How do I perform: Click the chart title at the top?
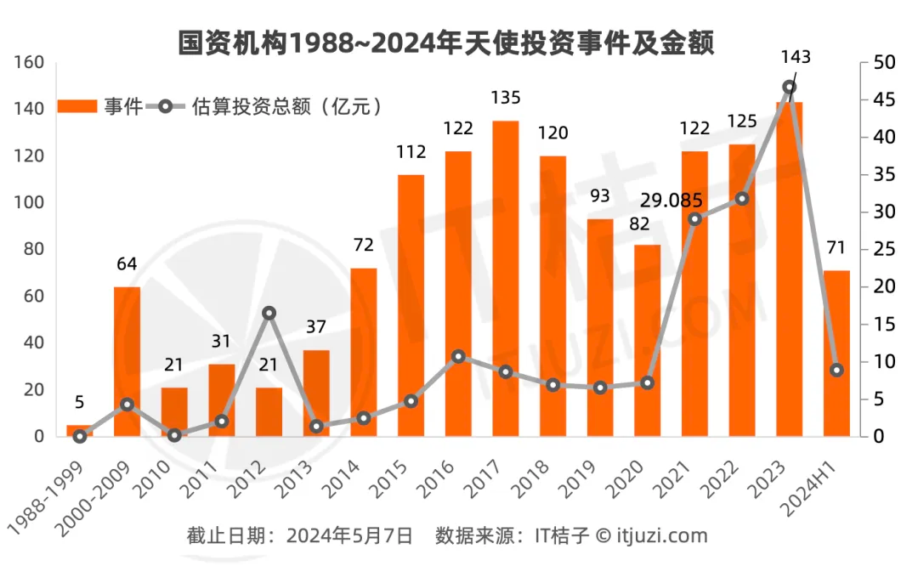445,42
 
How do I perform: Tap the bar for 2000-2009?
127,361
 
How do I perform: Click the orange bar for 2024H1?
836,353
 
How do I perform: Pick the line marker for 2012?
269,313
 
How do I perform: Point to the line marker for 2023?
790,88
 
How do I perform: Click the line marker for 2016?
458,356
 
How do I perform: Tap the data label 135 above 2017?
506,98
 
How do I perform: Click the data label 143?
796,57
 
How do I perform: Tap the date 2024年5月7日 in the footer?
349,535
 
